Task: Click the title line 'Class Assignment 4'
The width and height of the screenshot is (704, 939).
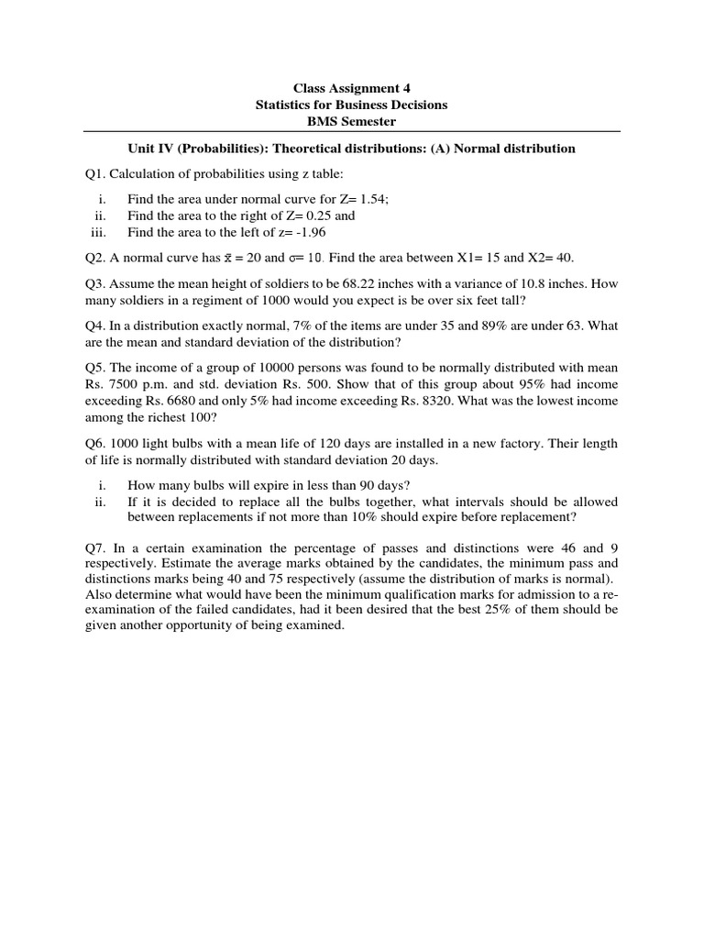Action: point(351,88)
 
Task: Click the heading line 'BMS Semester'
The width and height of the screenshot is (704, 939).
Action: point(351,121)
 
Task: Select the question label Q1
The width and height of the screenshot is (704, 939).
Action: point(93,175)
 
